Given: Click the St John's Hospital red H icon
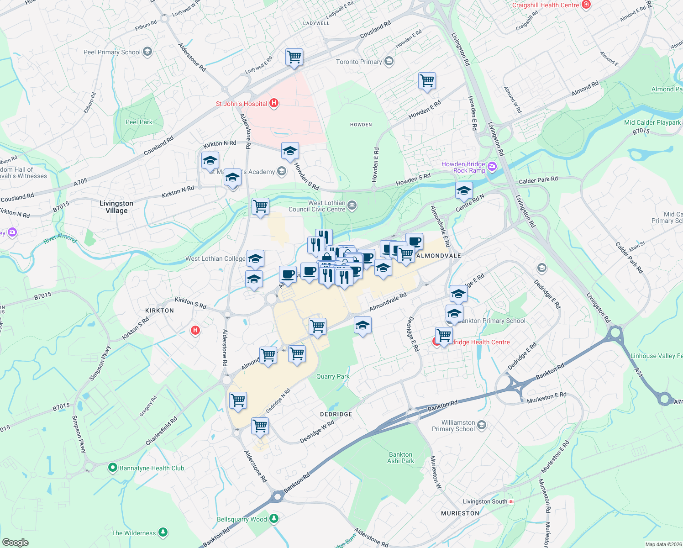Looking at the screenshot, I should click(x=274, y=103).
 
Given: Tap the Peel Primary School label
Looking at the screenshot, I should click(x=112, y=52).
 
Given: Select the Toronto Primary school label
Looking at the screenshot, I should click(x=358, y=62).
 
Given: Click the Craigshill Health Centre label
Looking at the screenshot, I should click(x=545, y=5).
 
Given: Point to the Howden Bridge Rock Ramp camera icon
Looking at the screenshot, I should click(x=492, y=167).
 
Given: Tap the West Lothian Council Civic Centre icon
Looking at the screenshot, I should click(x=352, y=206).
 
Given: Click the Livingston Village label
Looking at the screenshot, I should click(x=116, y=207).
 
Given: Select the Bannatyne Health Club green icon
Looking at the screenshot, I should click(x=112, y=468).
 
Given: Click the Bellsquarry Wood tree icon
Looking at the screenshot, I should click(x=274, y=519).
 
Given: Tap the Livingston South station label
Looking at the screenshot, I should click(x=485, y=501).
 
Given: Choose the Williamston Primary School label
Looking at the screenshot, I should click(x=453, y=426).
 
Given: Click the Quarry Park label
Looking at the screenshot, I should click(x=332, y=376).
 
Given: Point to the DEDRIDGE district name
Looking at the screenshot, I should click(x=336, y=414).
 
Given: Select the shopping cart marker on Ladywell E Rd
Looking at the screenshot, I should click(x=294, y=57).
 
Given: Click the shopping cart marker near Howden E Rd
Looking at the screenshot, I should click(x=427, y=81).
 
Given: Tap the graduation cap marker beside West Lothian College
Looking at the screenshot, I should click(x=255, y=259).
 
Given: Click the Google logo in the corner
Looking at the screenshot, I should click(x=15, y=542).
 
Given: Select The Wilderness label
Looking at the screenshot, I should click(x=134, y=533).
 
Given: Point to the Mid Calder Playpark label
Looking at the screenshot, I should click(x=652, y=122).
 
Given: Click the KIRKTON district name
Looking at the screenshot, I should click(x=159, y=311).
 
